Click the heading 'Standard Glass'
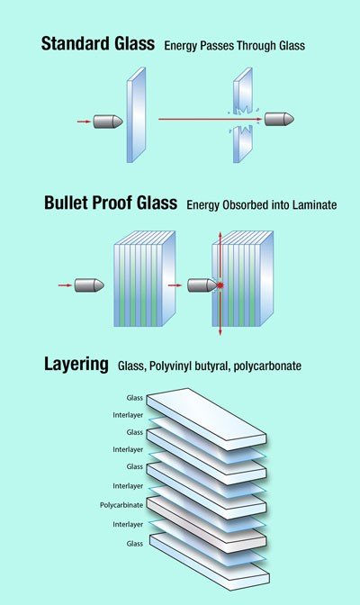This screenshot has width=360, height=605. (98, 43)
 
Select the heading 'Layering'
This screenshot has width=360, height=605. (76, 365)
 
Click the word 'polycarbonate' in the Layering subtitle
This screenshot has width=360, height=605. (267, 366)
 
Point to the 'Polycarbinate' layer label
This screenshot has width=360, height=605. (121, 505)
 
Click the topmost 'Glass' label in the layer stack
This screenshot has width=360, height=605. (135, 398)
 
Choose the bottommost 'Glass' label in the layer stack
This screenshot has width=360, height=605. (135, 544)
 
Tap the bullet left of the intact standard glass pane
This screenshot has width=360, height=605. (108, 122)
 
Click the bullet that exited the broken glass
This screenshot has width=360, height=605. (279, 119)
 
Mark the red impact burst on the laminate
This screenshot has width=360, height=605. (220, 285)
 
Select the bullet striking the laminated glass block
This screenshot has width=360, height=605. (202, 285)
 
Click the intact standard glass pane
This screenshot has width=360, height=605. (136, 115)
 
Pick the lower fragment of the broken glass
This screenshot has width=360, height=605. (242, 144)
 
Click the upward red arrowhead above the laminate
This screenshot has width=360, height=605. (220, 235)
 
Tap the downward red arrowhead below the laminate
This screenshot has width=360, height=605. (220, 332)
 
